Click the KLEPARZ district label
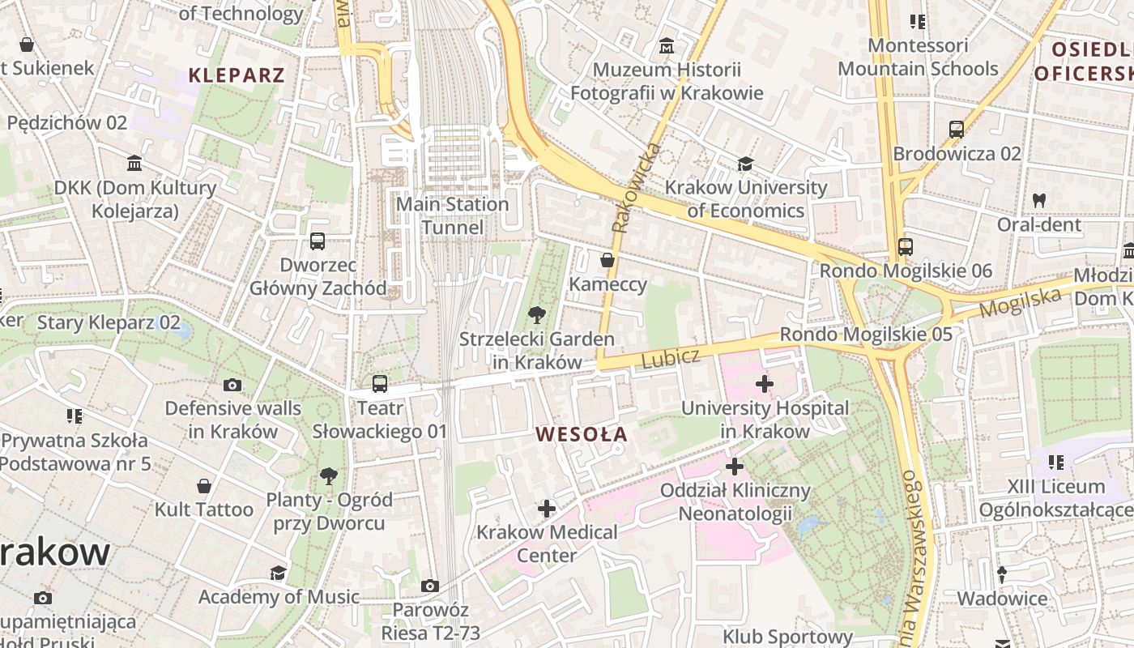pyautogui.click(x=237, y=75)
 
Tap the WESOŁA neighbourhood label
pyautogui.click(x=582, y=434)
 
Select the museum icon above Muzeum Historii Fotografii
pyautogui.click(x=667, y=45)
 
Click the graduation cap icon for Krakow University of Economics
pyautogui.click(x=745, y=164)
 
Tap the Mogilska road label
pyautogui.click(x=1020, y=302)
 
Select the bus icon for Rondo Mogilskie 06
pyautogui.click(x=906, y=247)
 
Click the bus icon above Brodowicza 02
pyautogui.click(x=957, y=129)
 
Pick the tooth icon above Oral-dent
pyautogui.click(x=1039, y=200)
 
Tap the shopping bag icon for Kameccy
pyautogui.click(x=607, y=260)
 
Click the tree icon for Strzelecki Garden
pyautogui.click(x=536, y=315)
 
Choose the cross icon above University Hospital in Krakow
pyautogui.click(x=764, y=383)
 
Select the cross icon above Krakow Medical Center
pyautogui.click(x=547, y=509)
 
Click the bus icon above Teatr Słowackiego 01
pyautogui.click(x=380, y=384)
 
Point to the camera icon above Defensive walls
pyautogui.click(x=232, y=385)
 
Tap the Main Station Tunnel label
pyautogui.click(x=452, y=215)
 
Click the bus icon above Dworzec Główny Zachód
pyautogui.click(x=318, y=241)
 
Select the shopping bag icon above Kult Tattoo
pyautogui.click(x=204, y=486)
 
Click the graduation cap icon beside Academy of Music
pyautogui.click(x=279, y=573)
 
